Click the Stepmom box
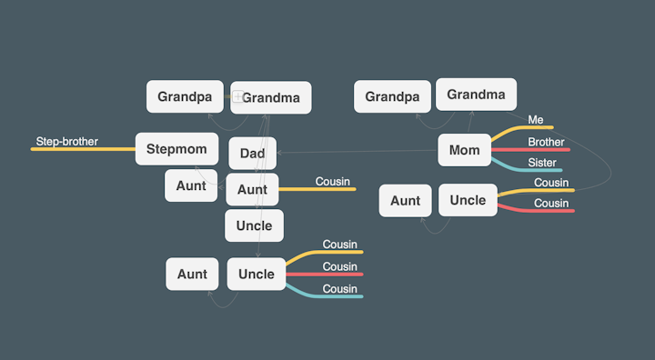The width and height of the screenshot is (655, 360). point(176,148)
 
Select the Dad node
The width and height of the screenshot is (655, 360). point(252,154)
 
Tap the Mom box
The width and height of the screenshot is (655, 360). point(464,150)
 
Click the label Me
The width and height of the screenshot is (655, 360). point(535,120)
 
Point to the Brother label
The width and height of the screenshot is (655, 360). point(546,142)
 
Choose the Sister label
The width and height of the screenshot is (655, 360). point(542,163)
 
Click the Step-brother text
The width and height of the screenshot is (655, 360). point(67,142)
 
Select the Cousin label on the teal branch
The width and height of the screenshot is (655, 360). point(340,289)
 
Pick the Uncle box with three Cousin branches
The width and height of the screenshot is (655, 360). point(257,274)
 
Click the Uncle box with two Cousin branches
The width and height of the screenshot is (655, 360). point(468,200)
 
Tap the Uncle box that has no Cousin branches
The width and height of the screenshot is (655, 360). point(254,225)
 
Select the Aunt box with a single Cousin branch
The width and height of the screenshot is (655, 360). point(252,189)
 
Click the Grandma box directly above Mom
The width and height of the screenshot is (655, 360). point(476,95)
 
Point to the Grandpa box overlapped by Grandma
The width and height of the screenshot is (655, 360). point(185,96)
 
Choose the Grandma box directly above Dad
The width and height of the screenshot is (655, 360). point(271,97)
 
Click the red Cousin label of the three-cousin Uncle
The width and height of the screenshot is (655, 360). point(340,266)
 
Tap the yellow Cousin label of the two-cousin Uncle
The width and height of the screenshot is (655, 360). point(551,182)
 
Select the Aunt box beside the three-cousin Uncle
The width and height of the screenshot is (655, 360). point(192,274)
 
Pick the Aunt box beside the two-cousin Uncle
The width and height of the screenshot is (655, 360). point(405,201)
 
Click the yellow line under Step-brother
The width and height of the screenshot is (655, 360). point(82,148)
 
